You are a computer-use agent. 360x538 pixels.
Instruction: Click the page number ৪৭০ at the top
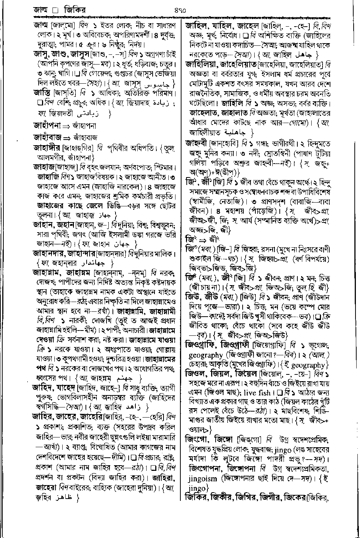pos(179,11)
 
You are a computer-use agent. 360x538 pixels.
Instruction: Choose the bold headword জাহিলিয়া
pos(203,65)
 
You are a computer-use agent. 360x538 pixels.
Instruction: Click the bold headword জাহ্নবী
pos(198,142)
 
